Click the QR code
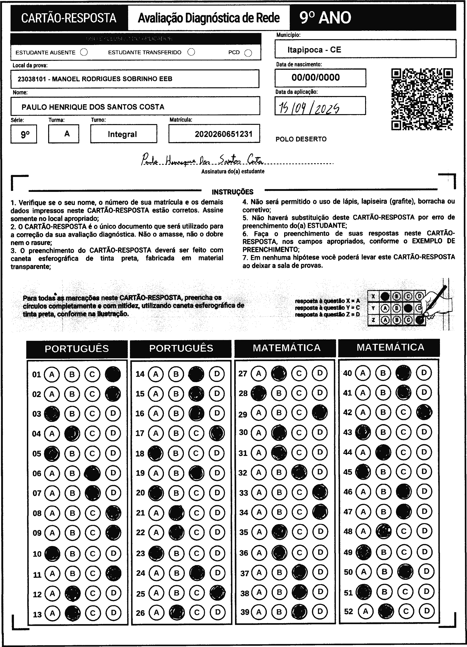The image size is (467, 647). (x=422, y=99)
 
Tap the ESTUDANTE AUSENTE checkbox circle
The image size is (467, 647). (x=84, y=52)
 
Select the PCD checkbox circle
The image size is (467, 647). (x=248, y=53)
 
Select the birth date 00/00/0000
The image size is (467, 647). (x=315, y=78)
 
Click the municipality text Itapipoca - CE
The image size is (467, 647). (x=314, y=50)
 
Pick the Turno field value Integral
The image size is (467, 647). (x=122, y=134)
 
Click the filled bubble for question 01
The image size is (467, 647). (x=113, y=374)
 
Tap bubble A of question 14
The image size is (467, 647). (x=156, y=374)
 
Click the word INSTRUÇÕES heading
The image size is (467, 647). (x=232, y=192)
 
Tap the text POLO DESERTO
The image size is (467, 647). (x=301, y=139)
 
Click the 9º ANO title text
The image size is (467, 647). (x=325, y=18)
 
